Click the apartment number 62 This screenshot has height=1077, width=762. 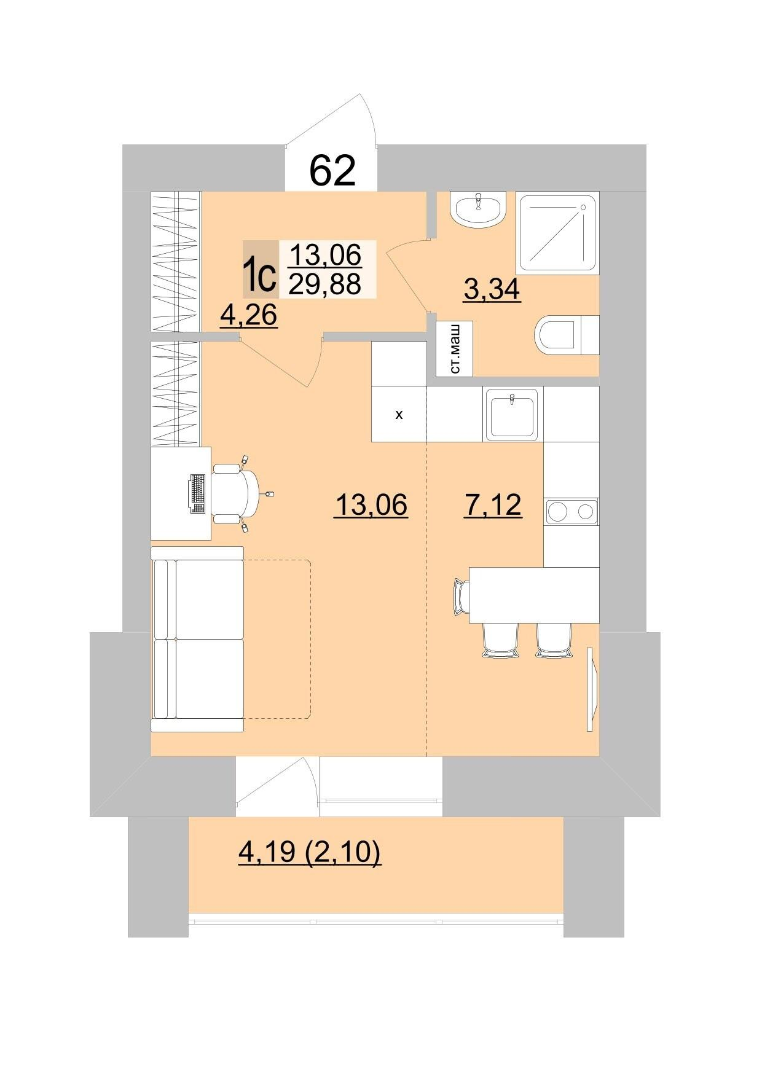tap(332, 170)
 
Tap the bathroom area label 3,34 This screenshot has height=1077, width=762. tap(492, 289)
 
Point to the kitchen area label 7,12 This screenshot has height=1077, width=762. tap(492, 505)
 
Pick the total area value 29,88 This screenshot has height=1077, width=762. tap(325, 284)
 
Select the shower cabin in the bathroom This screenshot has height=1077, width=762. tap(558, 233)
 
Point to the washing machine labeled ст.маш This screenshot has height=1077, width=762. tap(455, 348)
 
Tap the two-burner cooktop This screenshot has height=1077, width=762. tap(571, 511)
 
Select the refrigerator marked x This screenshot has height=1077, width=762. tap(399, 414)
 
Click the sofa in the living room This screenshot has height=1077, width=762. tap(197, 639)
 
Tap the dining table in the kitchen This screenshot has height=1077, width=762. tap(534, 595)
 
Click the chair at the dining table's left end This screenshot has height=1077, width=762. tap(461, 595)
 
